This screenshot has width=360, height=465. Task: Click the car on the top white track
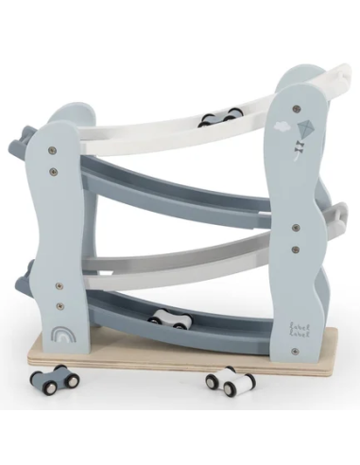[x=219, y=118]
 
